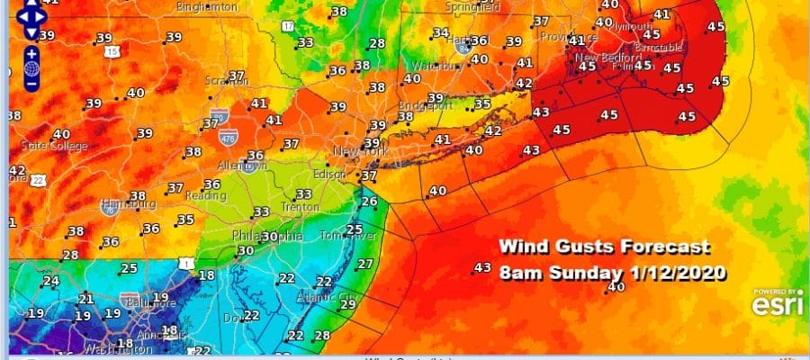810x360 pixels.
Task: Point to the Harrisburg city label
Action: click(x=123, y=204)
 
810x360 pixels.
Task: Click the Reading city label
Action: click(x=205, y=195)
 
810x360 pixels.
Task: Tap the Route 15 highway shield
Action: click(x=112, y=52)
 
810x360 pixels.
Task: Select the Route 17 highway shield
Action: click(x=287, y=26)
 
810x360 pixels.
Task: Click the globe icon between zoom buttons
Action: click(x=31, y=68)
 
